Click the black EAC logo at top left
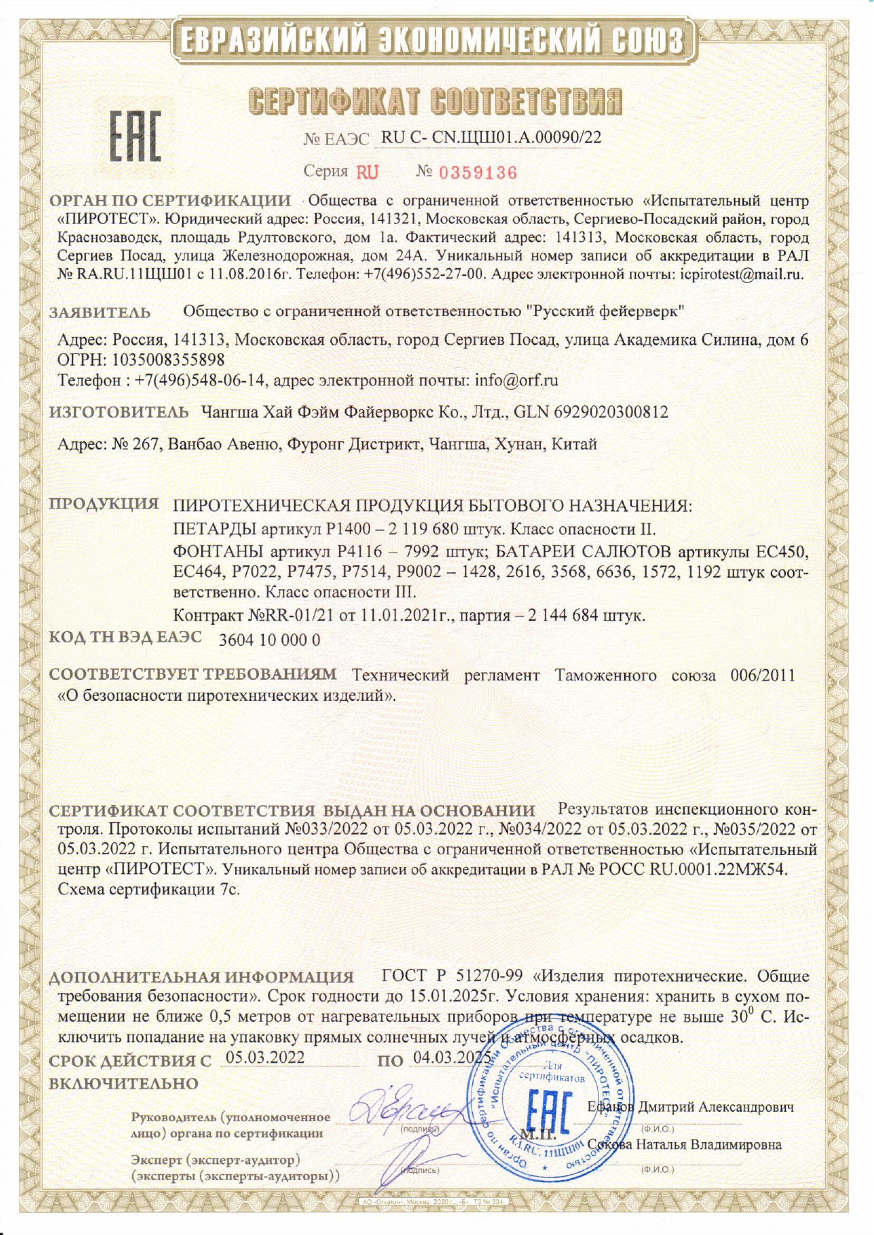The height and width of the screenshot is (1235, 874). (134, 136)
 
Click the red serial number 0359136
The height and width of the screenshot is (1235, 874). (478, 172)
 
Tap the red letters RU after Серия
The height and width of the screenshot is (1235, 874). (367, 172)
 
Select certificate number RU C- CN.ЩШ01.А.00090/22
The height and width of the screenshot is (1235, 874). (491, 137)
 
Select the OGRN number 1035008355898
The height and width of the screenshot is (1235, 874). (168, 360)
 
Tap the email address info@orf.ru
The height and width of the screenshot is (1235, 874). (517, 381)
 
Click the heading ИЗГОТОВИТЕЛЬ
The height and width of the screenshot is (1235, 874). (118, 412)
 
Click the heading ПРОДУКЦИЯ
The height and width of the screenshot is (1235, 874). (103, 504)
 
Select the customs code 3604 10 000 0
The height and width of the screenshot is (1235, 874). (270, 640)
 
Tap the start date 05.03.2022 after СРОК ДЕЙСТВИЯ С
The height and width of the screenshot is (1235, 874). (265, 1058)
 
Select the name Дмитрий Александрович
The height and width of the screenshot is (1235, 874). (716, 1107)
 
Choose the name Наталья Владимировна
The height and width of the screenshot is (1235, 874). (709, 1145)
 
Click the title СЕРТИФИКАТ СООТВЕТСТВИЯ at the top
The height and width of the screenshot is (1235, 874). (436, 101)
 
